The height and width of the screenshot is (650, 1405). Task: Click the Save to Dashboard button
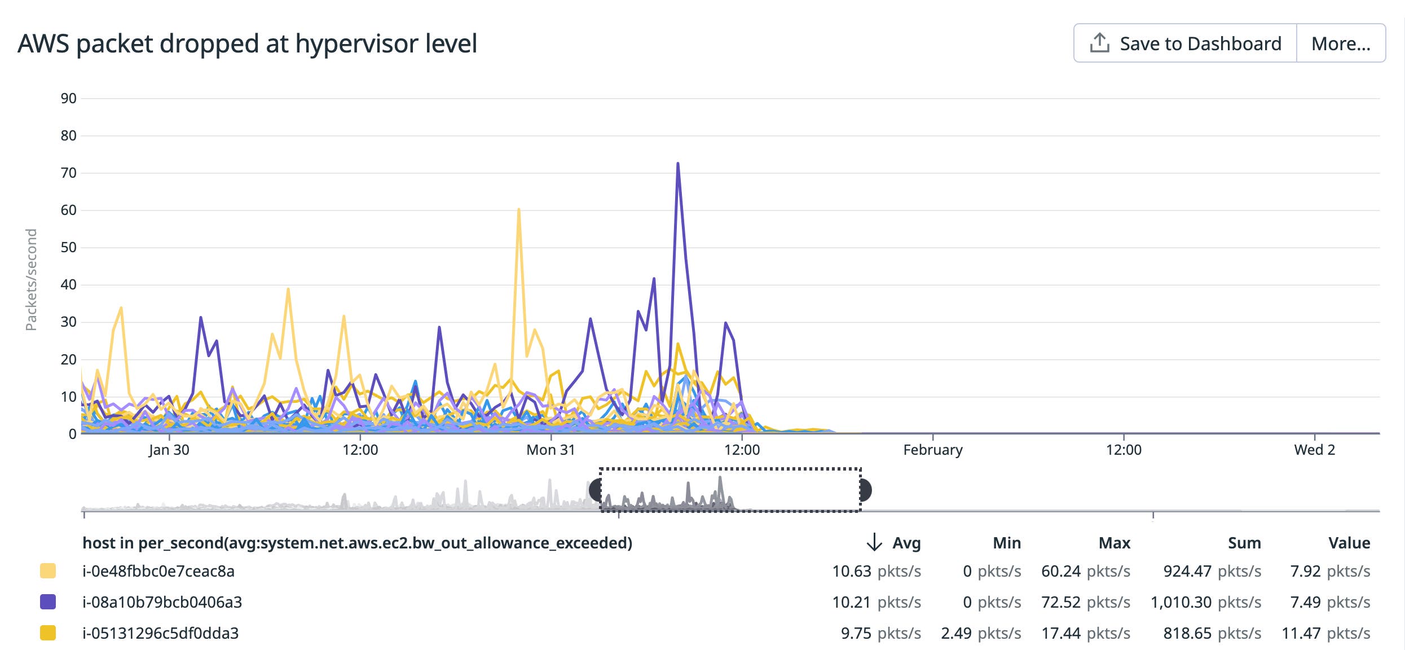[1185, 43]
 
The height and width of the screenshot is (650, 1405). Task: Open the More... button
[1341, 43]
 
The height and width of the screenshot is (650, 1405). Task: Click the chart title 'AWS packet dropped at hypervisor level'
[247, 43]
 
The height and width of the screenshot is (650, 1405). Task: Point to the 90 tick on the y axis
[68, 99]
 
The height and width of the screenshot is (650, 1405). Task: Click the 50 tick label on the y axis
[68, 248]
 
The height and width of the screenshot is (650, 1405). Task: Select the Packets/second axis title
[31, 279]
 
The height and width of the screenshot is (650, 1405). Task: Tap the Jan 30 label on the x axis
[169, 450]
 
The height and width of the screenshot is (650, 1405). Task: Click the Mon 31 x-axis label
[550, 450]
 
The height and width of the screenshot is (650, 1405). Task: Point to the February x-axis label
[932, 450]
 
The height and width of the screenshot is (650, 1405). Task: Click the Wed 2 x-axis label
[1314, 450]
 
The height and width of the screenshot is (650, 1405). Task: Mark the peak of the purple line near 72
[677, 164]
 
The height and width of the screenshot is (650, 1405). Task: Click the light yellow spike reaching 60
[518, 210]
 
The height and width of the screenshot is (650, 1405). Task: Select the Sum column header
[1244, 543]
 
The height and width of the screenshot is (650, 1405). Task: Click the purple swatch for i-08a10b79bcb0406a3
[48, 602]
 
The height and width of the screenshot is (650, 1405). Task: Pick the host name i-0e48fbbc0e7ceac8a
[158, 571]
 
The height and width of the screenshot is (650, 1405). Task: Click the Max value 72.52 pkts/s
[1085, 602]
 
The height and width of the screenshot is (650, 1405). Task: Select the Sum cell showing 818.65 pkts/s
[1212, 633]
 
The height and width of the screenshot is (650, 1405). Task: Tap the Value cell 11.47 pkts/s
[1325, 633]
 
